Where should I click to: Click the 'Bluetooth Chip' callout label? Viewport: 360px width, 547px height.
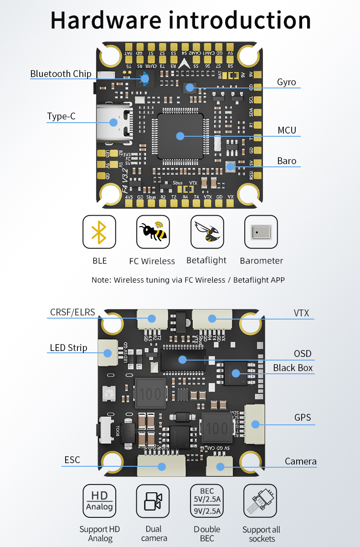coord(61,74)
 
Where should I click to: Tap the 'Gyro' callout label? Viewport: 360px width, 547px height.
coord(286,83)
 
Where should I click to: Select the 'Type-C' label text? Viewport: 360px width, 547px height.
coord(61,116)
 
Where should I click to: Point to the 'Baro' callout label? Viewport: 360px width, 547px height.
coord(287,161)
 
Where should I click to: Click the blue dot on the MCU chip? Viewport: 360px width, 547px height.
coord(180,136)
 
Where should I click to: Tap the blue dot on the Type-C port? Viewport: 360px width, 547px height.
coord(113,122)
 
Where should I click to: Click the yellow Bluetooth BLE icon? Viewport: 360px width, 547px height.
coord(99,232)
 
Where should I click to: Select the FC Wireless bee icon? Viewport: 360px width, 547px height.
coord(153,232)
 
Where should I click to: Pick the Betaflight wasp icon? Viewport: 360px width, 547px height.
coord(207,232)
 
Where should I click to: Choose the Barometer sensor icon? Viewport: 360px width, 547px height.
coord(261,232)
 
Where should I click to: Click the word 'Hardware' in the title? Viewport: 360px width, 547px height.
coord(106,21)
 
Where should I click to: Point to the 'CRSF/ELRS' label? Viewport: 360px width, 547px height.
coord(72,312)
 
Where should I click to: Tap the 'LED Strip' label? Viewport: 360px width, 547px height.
coord(68,348)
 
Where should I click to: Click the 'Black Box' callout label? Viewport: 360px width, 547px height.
coord(293,368)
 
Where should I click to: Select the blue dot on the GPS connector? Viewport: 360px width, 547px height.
coord(255,424)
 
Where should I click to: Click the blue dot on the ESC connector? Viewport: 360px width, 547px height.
coord(161,466)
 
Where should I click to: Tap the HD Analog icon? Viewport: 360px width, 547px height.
coord(99,501)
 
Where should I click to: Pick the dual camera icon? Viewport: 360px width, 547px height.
coord(153,501)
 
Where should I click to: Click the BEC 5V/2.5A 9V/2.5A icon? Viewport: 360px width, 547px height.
coord(207,501)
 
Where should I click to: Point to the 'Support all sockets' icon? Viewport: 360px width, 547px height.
coord(261,501)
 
